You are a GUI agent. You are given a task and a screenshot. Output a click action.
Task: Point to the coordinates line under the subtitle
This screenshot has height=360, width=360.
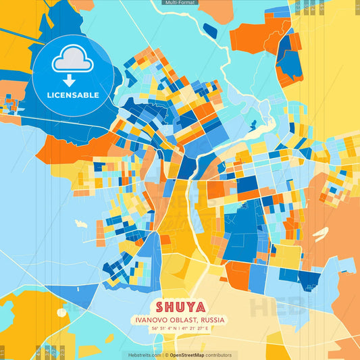[x=180, y=328]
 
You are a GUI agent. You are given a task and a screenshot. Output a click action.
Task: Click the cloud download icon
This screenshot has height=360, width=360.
[x=72, y=59]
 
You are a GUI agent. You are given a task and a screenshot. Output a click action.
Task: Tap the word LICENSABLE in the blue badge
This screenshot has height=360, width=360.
[x=72, y=95]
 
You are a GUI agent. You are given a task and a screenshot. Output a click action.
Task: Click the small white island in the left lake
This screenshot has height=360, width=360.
[x=80, y=223]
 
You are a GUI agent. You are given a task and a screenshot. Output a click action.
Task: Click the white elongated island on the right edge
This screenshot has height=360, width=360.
[x=320, y=234]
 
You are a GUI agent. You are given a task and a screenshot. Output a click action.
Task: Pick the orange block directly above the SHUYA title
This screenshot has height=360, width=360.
[x=236, y=275]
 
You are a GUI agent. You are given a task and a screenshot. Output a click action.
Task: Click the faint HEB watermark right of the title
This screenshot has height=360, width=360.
[x=270, y=307]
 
